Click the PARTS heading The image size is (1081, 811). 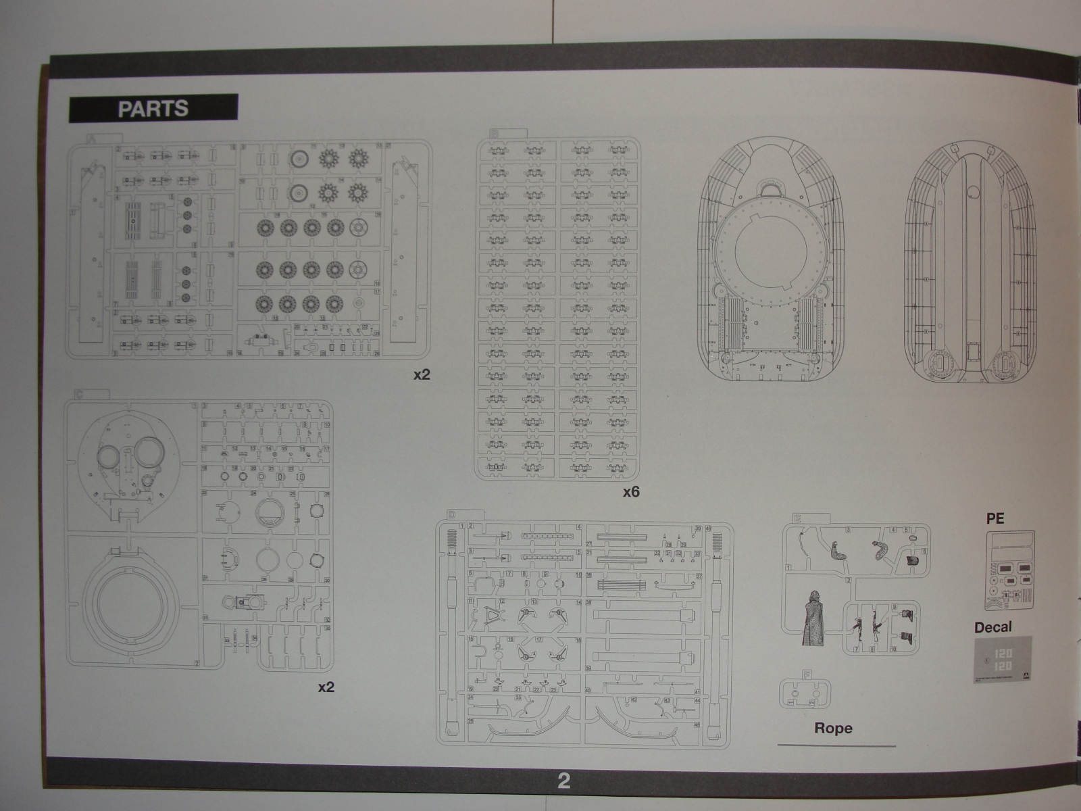[153, 109]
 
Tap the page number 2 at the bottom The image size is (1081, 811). [563, 781]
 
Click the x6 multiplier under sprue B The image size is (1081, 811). [630, 492]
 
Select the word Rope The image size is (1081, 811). [833, 728]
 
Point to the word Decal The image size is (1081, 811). [992, 627]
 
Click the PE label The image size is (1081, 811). [995, 518]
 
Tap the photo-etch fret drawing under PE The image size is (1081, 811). [1010, 571]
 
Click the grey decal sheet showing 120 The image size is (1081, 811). [1002, 659]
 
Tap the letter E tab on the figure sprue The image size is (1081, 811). [798, 518]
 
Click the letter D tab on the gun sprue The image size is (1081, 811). [451, 516]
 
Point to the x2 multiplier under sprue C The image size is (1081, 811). [326, 687]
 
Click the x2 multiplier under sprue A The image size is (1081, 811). [422, 374]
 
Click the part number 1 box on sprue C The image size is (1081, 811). [195, 405]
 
